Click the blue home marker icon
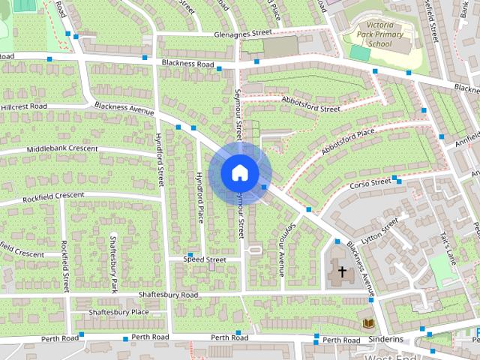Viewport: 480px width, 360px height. pos(239,172)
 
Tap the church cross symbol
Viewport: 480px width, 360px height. pos(342,271)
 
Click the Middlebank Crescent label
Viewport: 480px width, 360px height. pos(62,149)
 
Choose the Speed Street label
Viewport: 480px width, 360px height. pos(205,259)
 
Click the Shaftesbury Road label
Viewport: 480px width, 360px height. pos(172,295)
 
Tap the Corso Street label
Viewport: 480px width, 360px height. pos(371,183)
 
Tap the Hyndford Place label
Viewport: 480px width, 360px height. pos(199,196)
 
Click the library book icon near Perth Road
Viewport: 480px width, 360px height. pos(367,323)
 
